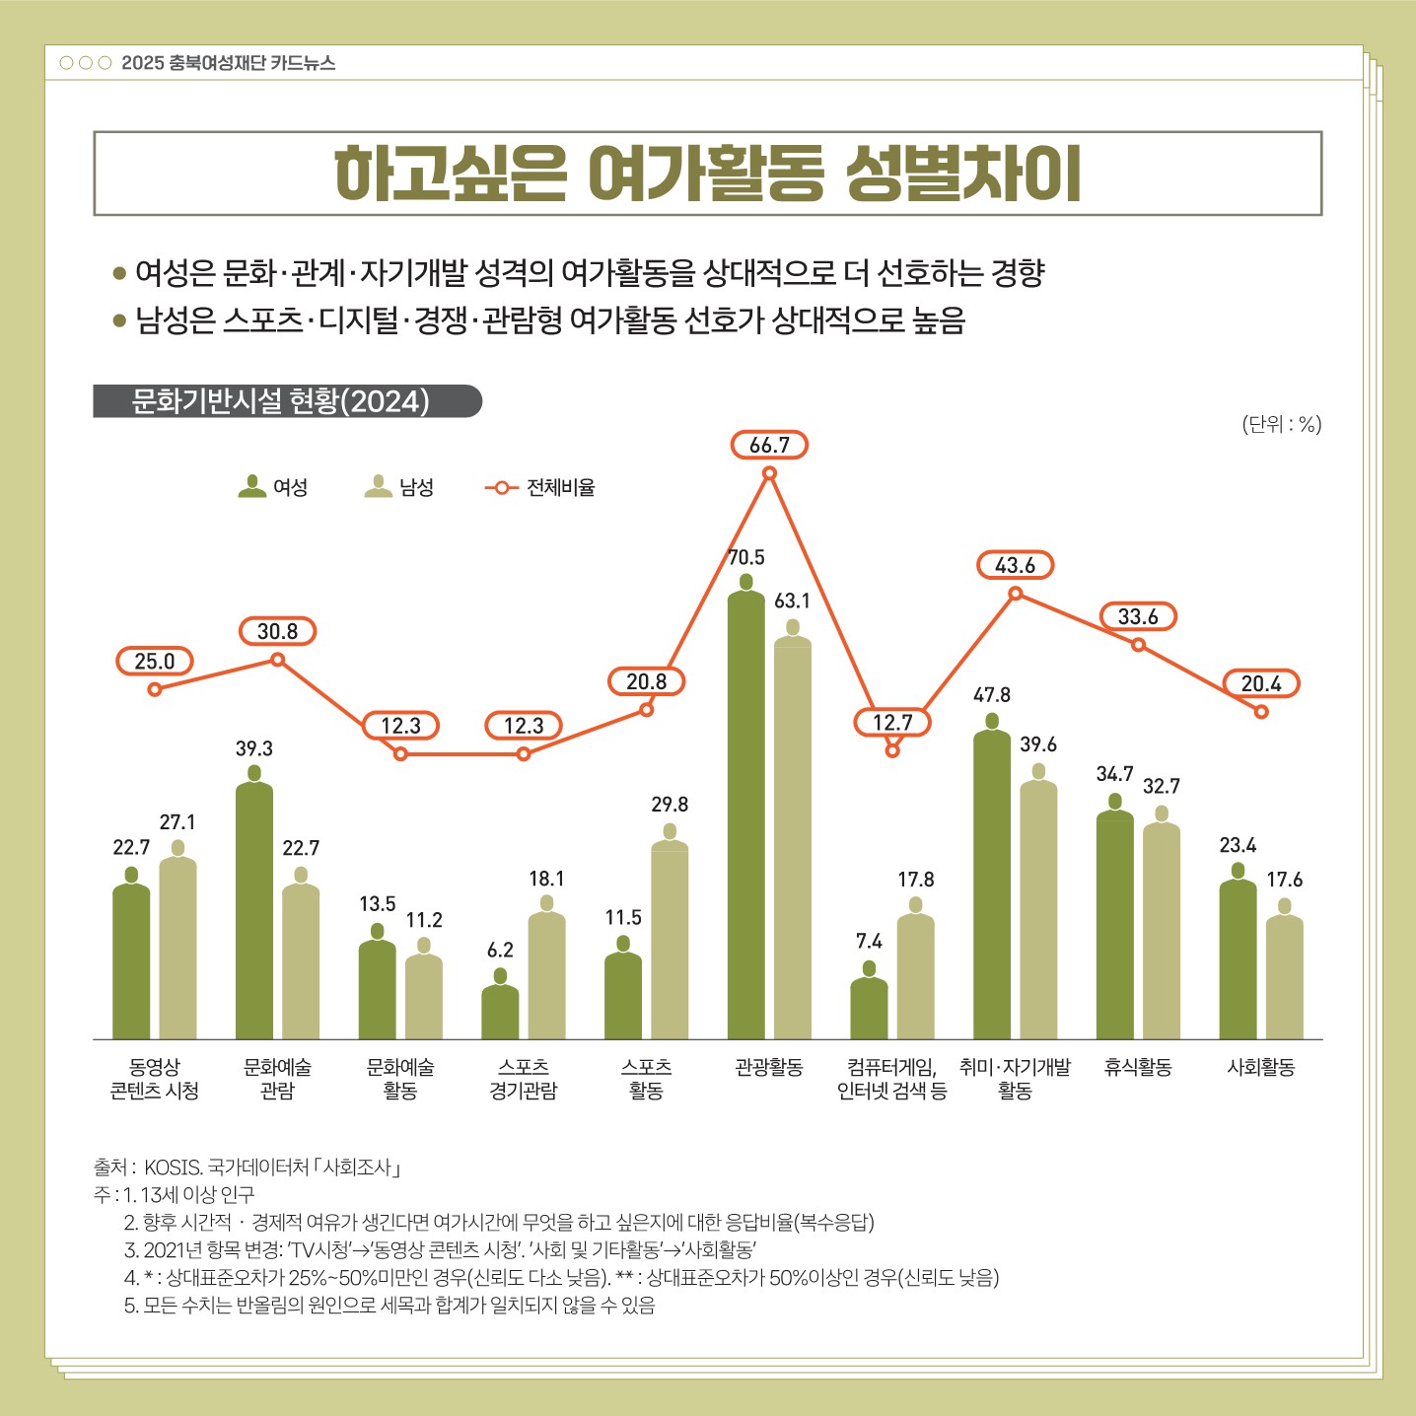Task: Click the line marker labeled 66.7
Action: point(770,473)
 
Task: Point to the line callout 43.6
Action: point(1015,566)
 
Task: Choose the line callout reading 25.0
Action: point(155,662)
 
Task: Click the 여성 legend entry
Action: point(273,487)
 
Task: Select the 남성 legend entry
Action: point(399,487)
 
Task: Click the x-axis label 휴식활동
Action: point(1138,1067)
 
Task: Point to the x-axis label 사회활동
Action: point(1260,1067)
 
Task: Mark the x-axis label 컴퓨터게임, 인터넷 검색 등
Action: point(891,1079)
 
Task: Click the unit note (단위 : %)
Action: point(1281,424)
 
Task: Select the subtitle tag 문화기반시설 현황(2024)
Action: point(282,401)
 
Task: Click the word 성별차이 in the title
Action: point(963,175)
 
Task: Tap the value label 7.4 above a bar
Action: point(869,942)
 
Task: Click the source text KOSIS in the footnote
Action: point(173,1168)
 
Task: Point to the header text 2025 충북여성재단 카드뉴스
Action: point(228,63)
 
